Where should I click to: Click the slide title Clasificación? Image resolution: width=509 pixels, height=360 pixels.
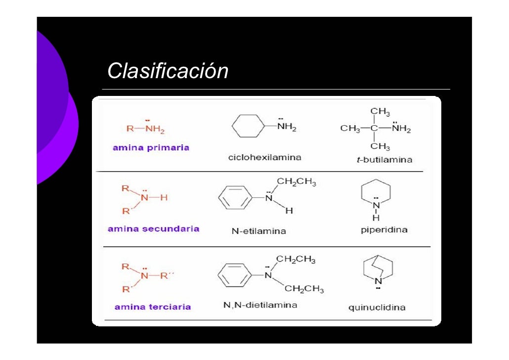tap(168, 71)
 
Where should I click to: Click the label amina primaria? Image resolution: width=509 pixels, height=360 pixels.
tap(151, 147)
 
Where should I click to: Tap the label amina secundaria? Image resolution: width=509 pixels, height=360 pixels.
tap(154, 229)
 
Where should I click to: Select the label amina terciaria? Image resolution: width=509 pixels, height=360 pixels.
tap(153, 307)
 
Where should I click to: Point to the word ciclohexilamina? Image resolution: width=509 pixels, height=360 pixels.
tap(264, 158)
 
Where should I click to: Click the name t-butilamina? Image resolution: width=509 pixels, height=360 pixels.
tap(381, 160)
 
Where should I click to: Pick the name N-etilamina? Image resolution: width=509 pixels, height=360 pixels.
tap(258, 231)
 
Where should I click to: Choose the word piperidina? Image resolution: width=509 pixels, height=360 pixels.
tap(384, 230)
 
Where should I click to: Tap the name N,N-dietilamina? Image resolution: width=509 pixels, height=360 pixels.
tap(260, 305)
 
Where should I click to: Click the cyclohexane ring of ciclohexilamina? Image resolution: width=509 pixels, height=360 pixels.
tap(249, 127)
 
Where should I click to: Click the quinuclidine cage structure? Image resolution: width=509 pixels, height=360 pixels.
tap(377, 270)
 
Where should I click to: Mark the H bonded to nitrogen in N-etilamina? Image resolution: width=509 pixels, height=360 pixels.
tap(289, 211)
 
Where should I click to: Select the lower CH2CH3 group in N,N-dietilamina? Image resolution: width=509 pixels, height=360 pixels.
tap(304, 289)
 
